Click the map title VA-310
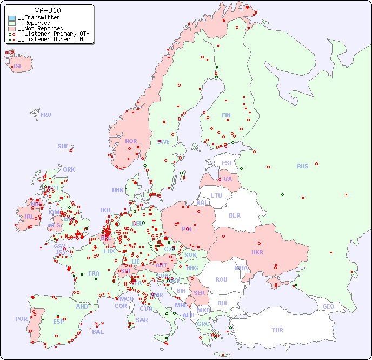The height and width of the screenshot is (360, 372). [x=48, y=10]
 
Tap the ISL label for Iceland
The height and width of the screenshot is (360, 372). [x=18, y=67]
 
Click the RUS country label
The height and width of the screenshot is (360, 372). [x=302, y=166]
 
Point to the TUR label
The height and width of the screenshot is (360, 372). [x=277, y=330]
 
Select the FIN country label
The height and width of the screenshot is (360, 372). [x=226, y=115]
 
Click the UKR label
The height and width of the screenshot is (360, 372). [x=257, y=252]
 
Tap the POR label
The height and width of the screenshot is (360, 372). [x=21, y=319]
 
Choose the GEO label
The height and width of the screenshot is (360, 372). [x=328, y=306]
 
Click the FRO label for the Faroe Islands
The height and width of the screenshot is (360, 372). [x=46, y=115]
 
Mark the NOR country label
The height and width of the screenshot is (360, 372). [x=131, y=141]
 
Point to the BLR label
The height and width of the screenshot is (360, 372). [x=235, y=215]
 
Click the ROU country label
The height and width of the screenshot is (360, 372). [x=221, y=279]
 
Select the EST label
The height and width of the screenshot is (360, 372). [x=227, y=163]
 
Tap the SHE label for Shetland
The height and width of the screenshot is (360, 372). [x=63, y=146]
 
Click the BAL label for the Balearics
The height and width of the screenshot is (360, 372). [x=98, y=332]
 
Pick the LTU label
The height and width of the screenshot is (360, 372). [x=216, y=195]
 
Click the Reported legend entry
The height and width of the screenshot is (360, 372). [x=37, y=23]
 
